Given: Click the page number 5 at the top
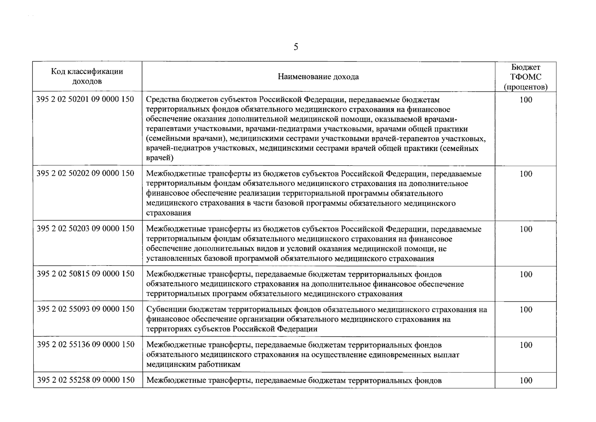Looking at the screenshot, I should tap(296, 47).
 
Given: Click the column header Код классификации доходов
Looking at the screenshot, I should tap(87, 76).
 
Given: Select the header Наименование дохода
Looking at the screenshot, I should tap(318, 77).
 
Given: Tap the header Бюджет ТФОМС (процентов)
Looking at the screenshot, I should tap(525, 77).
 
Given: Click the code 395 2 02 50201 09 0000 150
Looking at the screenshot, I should tap(85, 99).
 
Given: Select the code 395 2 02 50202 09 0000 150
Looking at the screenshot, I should tap(85, 173).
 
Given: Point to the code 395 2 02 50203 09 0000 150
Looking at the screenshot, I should tap(85, 229).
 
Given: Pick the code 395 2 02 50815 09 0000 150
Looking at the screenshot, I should tap(85, 274).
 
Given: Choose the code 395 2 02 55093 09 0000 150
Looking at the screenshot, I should tap(85, 309).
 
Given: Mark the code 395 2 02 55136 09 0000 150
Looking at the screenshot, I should tap(85, 345).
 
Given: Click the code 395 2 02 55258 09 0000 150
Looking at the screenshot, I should tap(85, 380).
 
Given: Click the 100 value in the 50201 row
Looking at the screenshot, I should tap(526, 100).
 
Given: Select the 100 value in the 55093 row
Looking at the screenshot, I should tap(526, 310).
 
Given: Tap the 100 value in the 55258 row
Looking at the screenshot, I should tap(526, 381).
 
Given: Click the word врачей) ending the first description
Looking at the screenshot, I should tap(160, 158).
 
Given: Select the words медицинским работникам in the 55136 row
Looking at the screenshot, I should tap(193, 365).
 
